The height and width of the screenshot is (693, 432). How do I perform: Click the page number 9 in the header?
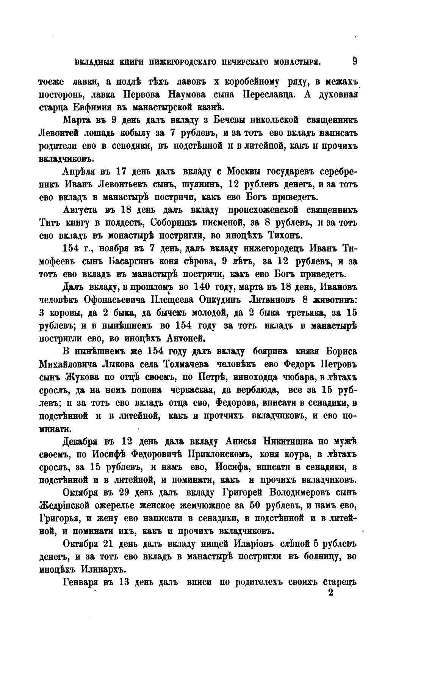pyautogui.click(x=355, y=61)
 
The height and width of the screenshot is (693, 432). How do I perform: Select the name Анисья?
pyautogui.click(x=243, y=442)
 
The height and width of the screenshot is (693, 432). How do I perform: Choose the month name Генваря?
pyautogui.click(x=83, y=583)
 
